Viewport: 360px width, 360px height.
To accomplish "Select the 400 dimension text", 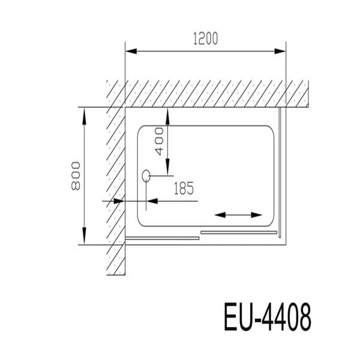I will pyautogui.click(x=159, y=141).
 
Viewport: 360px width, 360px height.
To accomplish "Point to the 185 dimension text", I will pyautogui.click(x=183, y=189).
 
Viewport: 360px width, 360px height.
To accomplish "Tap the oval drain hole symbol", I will pyautogui.click(x=146, y=176).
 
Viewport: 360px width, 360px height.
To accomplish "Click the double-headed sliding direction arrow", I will pyautogui.click(x=238, y=215).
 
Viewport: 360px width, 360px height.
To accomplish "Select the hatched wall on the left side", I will pyautogui.click(x=115, y=180).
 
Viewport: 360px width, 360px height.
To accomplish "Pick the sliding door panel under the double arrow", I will pyautogui.click(x=238, y=231).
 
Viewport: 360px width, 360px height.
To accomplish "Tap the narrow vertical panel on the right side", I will pyautogui.click(x=279, y=174).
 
